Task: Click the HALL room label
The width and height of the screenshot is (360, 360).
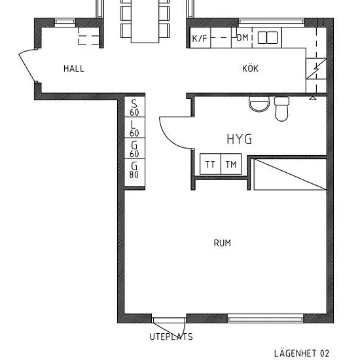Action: pos(74,69)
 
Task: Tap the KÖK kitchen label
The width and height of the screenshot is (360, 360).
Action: pos(250,69)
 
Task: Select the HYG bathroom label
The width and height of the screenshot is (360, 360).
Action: pos(239,139)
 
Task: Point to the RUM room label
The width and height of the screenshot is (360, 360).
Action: pos(223,243)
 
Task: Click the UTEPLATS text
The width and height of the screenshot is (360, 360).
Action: pos(171,336)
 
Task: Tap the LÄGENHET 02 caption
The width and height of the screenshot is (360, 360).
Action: pos(302,353)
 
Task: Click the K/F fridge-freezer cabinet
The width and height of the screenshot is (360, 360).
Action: pos(200,38)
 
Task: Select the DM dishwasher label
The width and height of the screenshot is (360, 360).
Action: pos(242,38)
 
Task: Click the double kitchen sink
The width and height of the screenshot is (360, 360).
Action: pos(268,38)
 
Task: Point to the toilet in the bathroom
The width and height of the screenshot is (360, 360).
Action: pos(281,109)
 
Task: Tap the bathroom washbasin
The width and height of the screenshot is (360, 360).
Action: pos(259,104)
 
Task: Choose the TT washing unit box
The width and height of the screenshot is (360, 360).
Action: pos(210,164)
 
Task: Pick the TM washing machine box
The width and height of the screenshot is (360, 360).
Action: pos(231,164)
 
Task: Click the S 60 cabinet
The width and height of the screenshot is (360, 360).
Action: pos(135,107)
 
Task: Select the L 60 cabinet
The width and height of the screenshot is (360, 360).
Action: pos(135,128)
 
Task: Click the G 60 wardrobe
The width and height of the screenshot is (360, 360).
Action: pos(135,149)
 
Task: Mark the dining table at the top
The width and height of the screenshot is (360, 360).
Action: pos(145,22)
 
